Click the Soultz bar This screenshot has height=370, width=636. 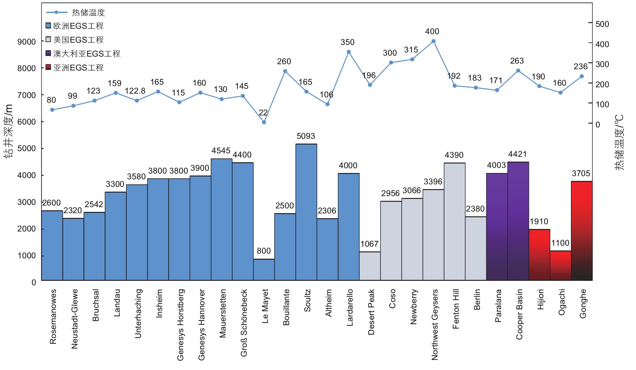pyautogui.click(x=306, y=212)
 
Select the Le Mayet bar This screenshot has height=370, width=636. pyautogui.click(x=264, y=269)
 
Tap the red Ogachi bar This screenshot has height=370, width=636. pyautogui.click(x=560, y=266)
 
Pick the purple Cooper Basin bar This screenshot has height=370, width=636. pyautogui.click(x=518, y=221)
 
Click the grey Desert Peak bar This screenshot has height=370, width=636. pyautogui.click(x=370, y=266)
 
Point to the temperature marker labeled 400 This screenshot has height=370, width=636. pyautogui.click(x=433, y=41)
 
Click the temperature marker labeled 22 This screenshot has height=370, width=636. pyautogui.click(x=264, y=122)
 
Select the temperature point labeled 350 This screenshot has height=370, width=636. pyautogui.click(x=348, y=52)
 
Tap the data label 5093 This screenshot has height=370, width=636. pyautogui.click(x=306, y=136)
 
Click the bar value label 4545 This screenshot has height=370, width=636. pyautogui.click(x=221, y=151)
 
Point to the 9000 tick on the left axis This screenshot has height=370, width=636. pyautogui.click(x=27, y=42)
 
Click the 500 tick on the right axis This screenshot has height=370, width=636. pyautogui.click(x=602, y=24)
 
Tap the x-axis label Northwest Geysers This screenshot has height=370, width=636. pyautogui.click(x=435, y=324)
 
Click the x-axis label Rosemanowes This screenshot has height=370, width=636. pyautogui.click(x=53, y=316)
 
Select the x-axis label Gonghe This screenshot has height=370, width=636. pyautogui.click(x=583, y=304)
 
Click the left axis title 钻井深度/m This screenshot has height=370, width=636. pyautogui.click(x=9, y=131)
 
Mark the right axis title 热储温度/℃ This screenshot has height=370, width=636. pyautogui.click(x=619, y=142)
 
